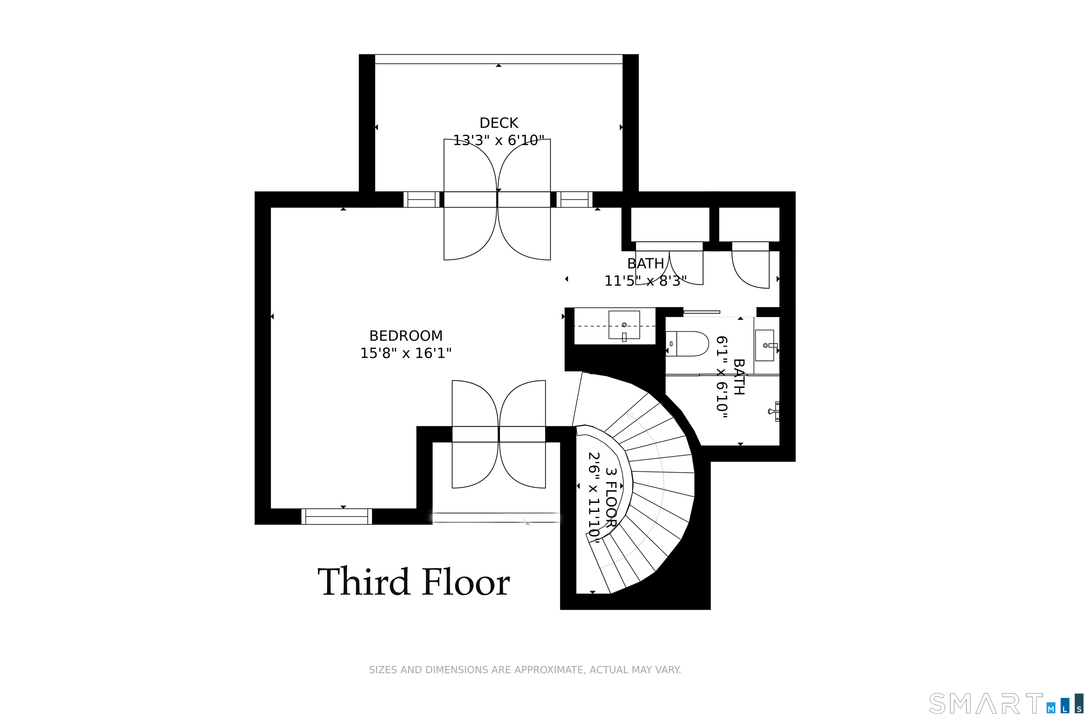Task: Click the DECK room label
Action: (x=499, y=123)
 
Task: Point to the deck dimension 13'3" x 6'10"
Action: (x=499, y=140)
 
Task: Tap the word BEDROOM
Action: (x=406, y=336)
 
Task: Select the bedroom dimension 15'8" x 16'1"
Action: (x=406, y=353)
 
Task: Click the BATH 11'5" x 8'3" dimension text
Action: (x=646, y=281)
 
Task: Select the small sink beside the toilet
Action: (x=765, y=345)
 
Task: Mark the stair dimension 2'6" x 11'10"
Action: (x=594, y=497)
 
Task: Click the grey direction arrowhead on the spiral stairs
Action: (x=630, y=416)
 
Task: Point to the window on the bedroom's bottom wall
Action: (x=337, y=516)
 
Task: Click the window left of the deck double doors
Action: (x=422, y=199)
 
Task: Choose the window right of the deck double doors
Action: (x=574, y=199)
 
